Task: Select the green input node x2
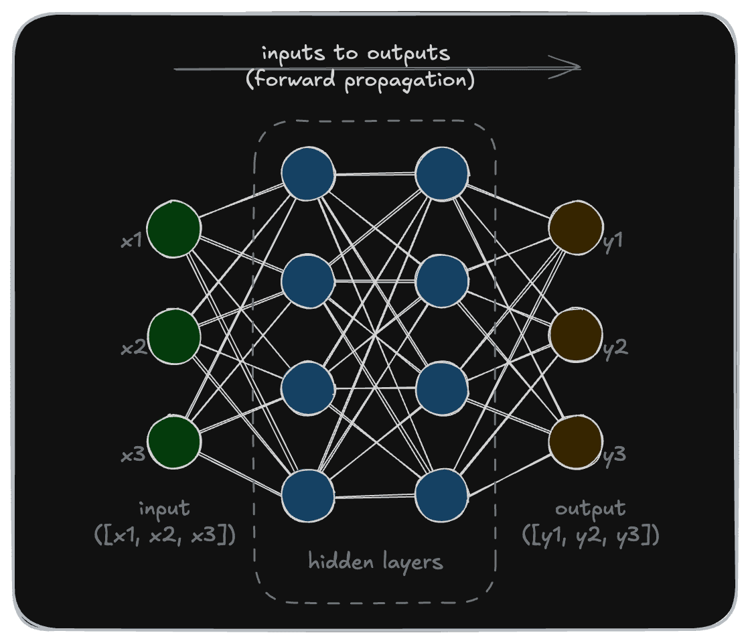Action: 174,336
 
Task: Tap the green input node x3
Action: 174,443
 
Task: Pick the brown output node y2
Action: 575,336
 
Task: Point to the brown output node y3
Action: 575,443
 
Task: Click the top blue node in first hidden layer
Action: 308,174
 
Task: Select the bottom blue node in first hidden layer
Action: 308,496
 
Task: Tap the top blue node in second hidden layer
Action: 442,174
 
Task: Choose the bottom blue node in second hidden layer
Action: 442,496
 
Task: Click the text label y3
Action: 615,455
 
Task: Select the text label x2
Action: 133,348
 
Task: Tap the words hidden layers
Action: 375,561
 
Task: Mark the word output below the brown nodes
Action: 590,509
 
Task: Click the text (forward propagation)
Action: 360,80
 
